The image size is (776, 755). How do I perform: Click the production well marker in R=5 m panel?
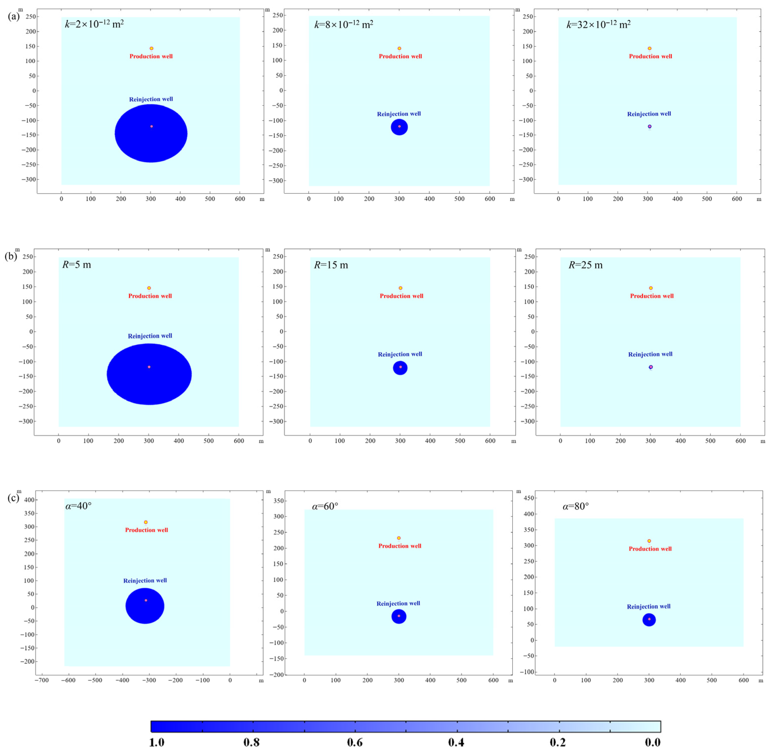point(149,288)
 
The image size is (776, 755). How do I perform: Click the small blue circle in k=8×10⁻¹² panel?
point(399,127)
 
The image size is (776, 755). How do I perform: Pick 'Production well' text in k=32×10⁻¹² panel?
point(650,56)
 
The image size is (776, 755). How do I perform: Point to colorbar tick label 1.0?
point(157,742)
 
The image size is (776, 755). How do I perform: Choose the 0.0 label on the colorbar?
point(653,742)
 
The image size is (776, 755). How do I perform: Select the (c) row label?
point(13,498)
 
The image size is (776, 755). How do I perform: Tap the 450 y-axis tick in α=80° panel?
point(528,498)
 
